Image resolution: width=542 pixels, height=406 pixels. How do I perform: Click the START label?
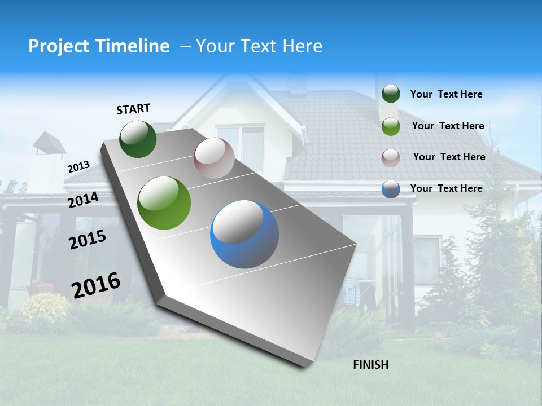[x=133, y=109]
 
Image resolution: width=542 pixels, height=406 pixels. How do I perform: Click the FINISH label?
[x=370, y=365]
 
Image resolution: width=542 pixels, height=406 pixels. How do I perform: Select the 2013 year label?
[x=78, y=167]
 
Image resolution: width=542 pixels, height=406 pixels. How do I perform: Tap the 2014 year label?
[x=83, y=200]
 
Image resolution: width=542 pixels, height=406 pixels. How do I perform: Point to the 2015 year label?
[x=88, y=240]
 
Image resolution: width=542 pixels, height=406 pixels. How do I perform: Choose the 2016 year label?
[x=96, y=285]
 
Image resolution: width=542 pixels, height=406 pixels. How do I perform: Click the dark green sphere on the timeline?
[x=138, y=139]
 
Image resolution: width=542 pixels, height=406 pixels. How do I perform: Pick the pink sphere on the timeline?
[x=214, y=158]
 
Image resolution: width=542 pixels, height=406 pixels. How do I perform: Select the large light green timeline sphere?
[x=164, y=203]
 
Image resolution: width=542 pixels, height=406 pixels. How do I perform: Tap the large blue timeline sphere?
[x=244, y=234]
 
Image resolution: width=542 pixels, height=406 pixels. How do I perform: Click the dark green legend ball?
[x=391, y=94]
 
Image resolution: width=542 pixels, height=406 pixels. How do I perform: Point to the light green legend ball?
[x=391, y=126]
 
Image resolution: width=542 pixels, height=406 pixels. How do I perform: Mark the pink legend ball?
[x=391, y=157]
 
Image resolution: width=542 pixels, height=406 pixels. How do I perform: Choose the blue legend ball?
[x=391, y=189]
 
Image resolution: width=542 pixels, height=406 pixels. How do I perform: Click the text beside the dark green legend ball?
[x=446, y=94]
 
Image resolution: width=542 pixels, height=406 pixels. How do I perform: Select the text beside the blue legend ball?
[x=446, y=188]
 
